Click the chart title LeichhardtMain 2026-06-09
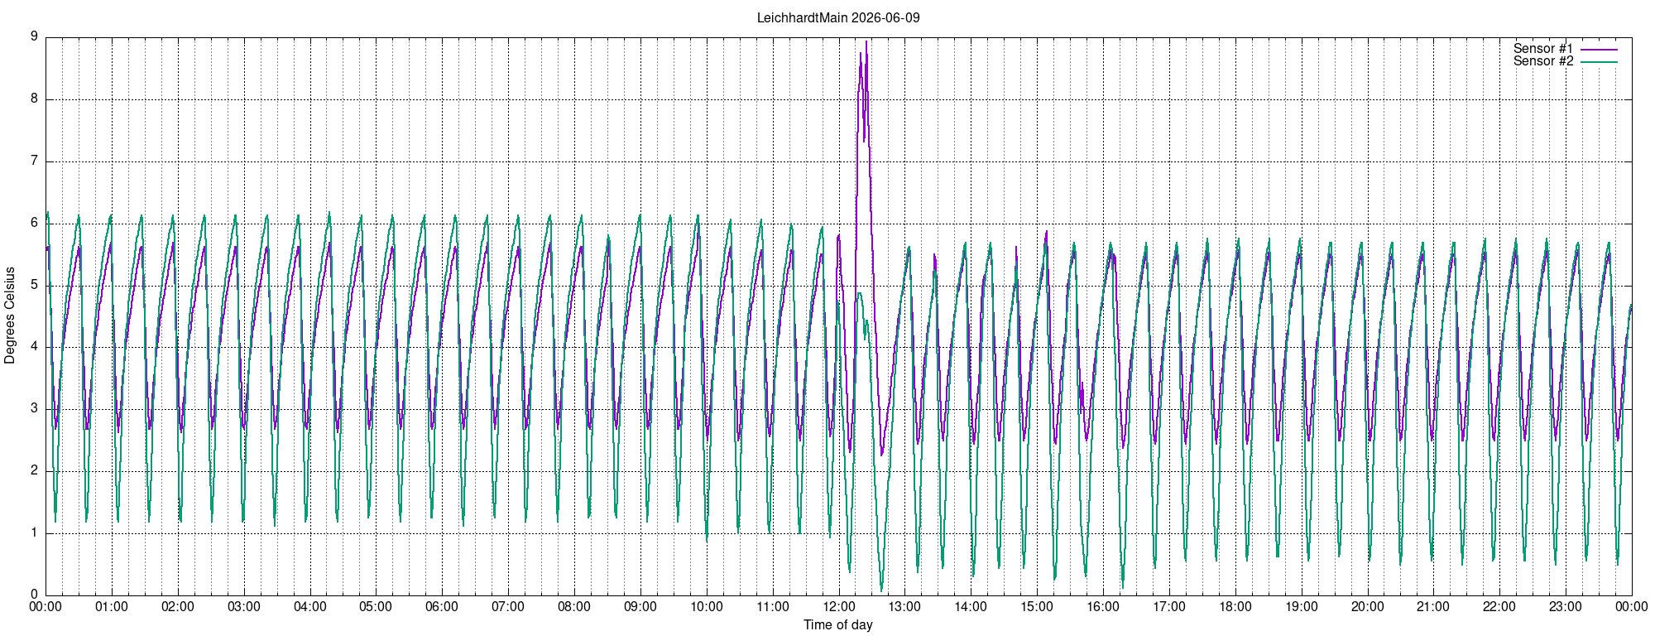click(838, 17)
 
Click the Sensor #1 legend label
click(1543, 49)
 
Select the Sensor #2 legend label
click(1543, 61)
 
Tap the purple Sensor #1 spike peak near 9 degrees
click(866, 41)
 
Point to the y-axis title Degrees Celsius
click(10, 316)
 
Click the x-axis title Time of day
click(838, 624)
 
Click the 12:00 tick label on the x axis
click(838, 607)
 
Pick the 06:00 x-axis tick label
click(442, 607)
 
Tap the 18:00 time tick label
click(1235, 607)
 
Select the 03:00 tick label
click(243, 607)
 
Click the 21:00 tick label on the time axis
click(1433, 607)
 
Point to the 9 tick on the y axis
click(34, 36)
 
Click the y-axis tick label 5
click(34, 285)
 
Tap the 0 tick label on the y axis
click(34, 595)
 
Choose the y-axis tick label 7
click(34, 161)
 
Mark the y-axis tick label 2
click(34, 470)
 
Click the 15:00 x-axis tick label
click(1037, 607)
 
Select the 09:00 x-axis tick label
click(640, 607)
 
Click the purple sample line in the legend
click(1599, 50)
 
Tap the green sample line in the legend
click(1599, 62)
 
